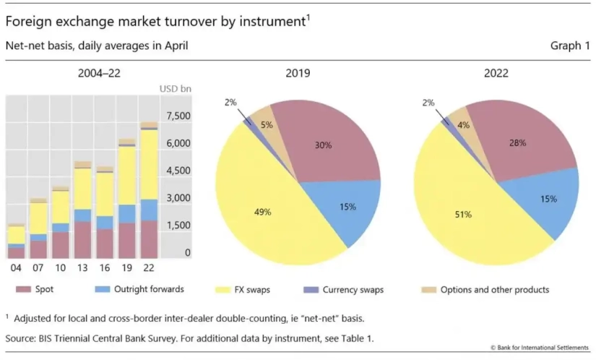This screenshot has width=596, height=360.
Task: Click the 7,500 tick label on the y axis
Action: pos(178,116)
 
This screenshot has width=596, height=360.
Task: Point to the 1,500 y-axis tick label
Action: pos(178,226)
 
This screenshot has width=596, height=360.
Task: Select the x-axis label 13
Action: pos(82,268)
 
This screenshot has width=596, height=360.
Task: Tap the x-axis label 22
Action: pos(148,268)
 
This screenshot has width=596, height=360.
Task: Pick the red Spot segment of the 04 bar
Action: pos(16,253)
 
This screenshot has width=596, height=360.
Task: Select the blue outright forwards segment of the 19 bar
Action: pos(126,214)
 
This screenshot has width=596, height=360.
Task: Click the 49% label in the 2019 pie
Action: pos(263,212)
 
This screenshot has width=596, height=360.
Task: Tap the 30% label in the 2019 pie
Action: pos(324,145)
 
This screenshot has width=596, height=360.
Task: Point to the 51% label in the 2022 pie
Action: pos(462,214)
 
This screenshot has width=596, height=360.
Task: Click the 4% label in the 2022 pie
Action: pos(463,124)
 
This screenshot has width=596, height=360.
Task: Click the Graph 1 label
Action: pos(570,46)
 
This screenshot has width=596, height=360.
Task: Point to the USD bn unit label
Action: pos(174,89)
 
